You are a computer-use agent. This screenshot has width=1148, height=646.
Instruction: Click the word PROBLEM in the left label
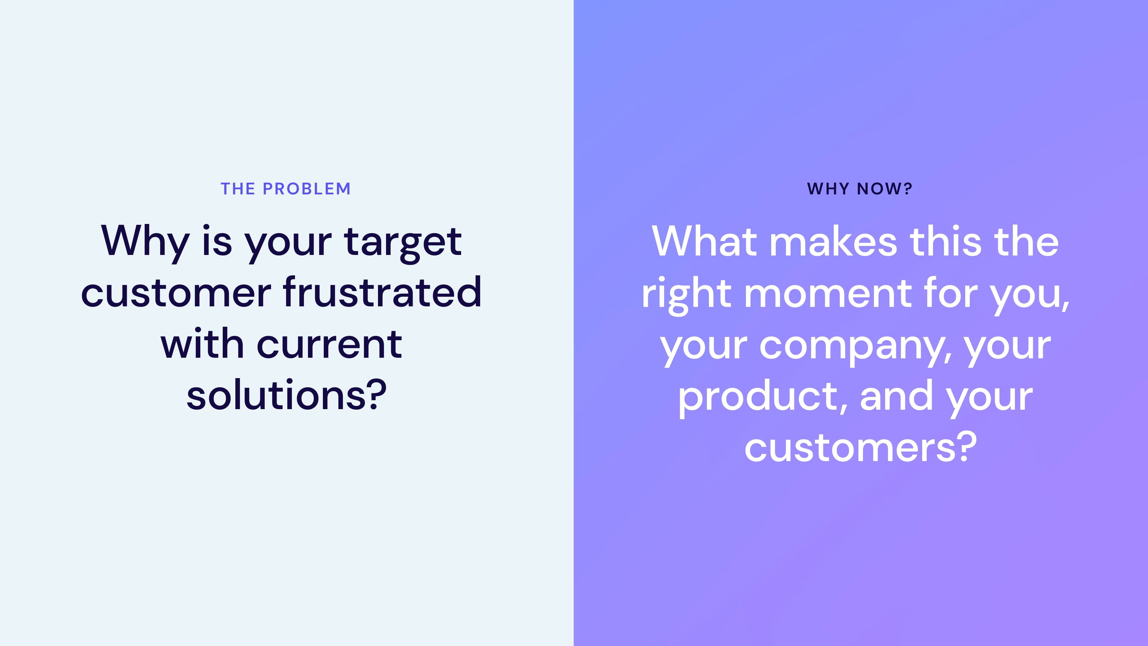307,189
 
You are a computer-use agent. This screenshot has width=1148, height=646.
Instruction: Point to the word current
329,345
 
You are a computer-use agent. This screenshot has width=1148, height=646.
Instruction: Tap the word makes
833,241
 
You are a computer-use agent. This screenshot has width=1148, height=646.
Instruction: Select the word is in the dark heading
217,241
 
